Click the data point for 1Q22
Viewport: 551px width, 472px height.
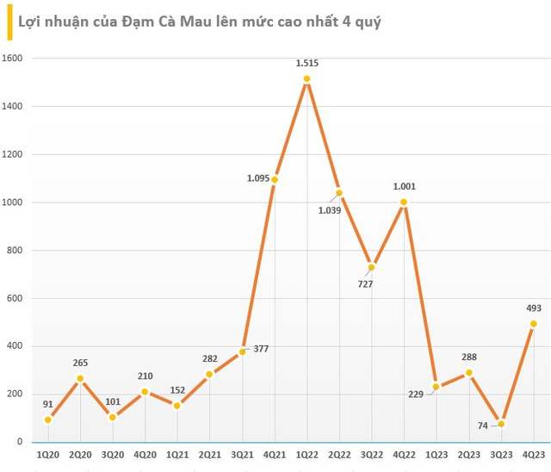306,79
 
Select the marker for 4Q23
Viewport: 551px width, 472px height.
533,324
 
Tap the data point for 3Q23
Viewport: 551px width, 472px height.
501,424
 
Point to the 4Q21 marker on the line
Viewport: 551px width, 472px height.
275,179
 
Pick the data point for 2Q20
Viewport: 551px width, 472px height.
80,378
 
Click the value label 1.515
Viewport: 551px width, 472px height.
306,63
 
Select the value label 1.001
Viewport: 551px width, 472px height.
404,185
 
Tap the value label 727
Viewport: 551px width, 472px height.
365,283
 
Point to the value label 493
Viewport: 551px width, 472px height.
533,307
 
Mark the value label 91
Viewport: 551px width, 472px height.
47,403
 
